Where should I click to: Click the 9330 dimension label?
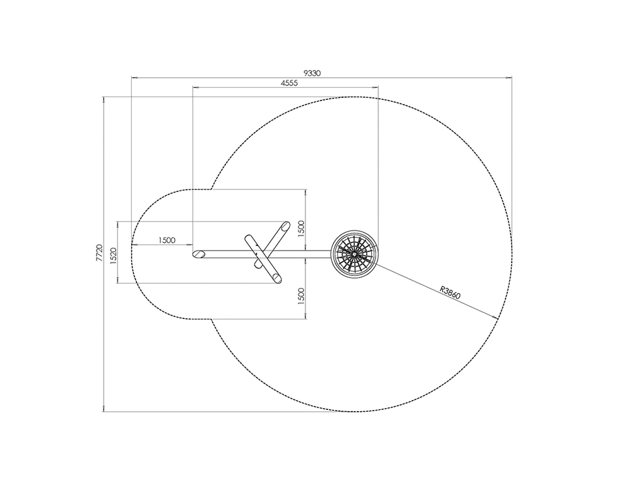[x=312, y=73]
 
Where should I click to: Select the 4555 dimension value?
[x=289, y=83]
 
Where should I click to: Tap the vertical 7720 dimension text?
[x=100, y=253]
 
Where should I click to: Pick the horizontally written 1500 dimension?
[x=167, y=240]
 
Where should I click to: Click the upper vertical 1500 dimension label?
[x=301, y=229]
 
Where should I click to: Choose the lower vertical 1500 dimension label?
[x=301, y=296]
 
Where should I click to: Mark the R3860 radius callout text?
[x=450, y=293]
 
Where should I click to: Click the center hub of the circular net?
[x=354, y=253]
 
